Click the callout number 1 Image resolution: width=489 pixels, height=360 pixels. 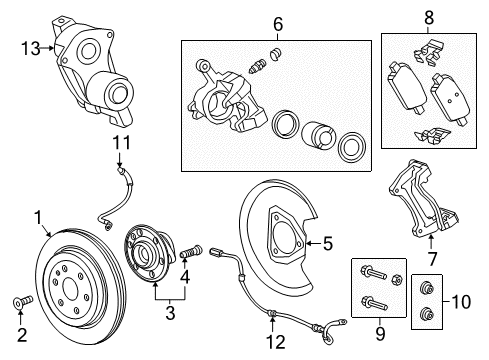tap(39, 215)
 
